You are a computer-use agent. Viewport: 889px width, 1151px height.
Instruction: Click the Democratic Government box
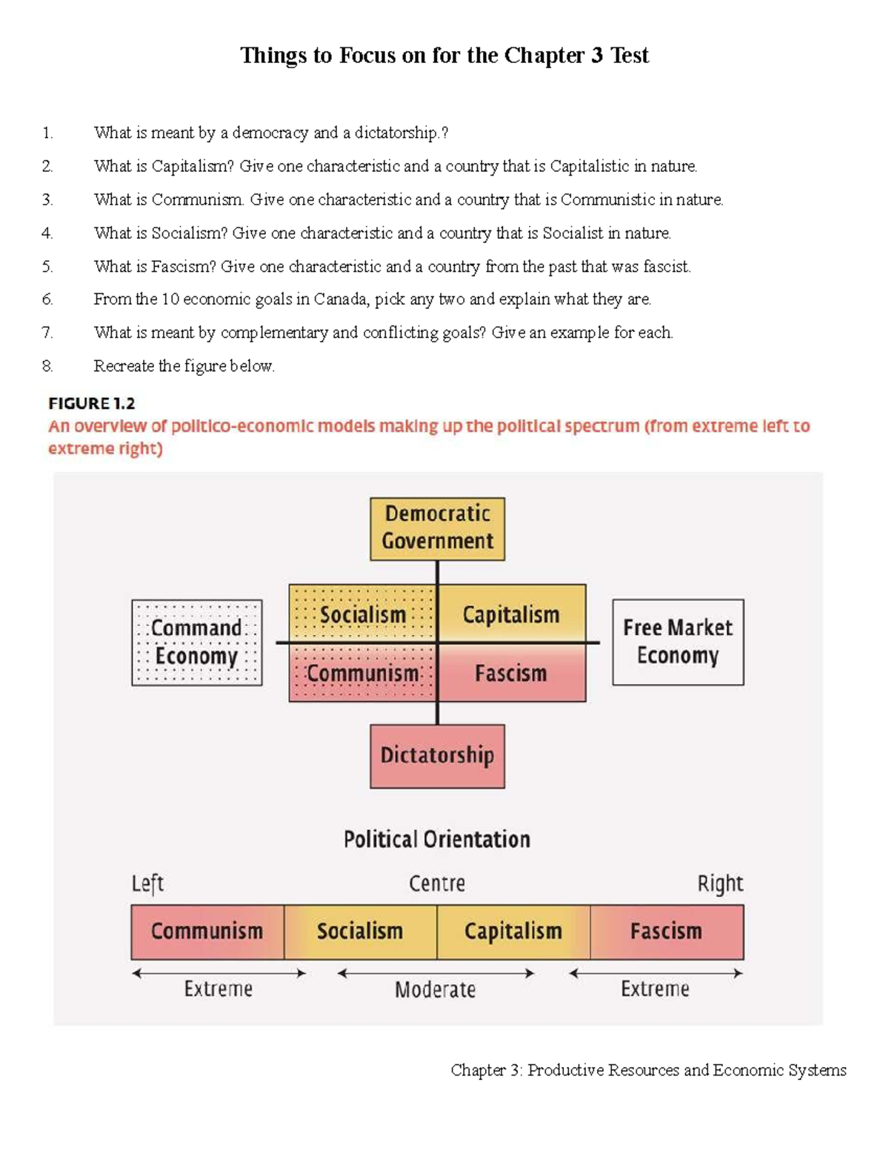tap(437, 528)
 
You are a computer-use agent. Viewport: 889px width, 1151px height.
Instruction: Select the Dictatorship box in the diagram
tap(437, 756)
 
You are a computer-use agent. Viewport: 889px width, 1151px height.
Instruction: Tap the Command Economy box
tap(196, 642)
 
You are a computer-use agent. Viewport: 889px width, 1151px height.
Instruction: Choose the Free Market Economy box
tap(678, 642)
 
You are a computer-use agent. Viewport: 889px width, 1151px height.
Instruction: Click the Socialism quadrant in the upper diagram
tap(363, 614)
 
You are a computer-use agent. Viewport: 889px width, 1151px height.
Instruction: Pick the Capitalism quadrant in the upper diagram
tap(511, 614)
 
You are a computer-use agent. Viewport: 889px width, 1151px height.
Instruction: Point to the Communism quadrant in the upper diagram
tap(363, 673)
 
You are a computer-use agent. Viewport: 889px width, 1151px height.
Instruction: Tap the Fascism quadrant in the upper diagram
tap(511, 673)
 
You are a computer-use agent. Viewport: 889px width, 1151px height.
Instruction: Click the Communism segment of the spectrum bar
tap(207, 932)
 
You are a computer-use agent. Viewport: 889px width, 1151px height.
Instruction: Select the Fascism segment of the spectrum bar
tap(667, 932)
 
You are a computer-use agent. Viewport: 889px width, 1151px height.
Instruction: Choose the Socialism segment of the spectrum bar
tap(360, 932)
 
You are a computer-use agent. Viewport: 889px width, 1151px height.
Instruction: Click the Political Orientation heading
tap(437, 839)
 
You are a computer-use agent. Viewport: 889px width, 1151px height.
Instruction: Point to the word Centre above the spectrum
tap(437, 883)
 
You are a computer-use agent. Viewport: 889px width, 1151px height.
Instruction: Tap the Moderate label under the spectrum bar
tap(435, 989)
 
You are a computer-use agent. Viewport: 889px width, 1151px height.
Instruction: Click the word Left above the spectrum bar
tap(147, 883)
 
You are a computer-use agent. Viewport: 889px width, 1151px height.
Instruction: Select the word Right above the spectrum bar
tap(720, 883)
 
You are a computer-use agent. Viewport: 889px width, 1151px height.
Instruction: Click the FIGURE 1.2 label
tap(92, 403)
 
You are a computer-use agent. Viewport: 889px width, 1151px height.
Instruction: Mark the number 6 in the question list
tap(47, 299)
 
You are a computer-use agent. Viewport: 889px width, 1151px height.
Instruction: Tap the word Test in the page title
tap(630, 56)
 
